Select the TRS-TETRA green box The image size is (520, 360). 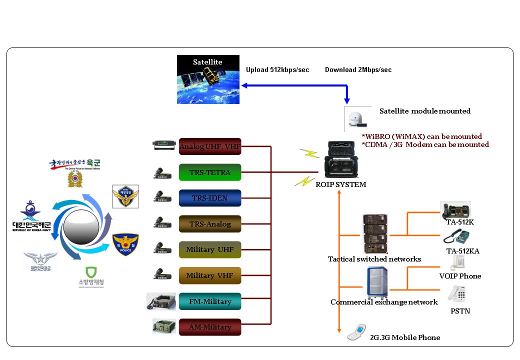210,172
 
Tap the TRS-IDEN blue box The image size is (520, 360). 210,198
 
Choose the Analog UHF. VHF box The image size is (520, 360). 210,146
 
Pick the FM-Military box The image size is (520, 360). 210,301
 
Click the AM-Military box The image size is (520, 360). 210,327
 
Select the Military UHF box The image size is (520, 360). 210,249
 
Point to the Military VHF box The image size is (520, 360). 210,275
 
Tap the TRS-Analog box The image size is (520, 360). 210,224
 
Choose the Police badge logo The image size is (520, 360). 125,244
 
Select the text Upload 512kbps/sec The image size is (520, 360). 277,70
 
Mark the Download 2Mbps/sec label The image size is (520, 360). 358,70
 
